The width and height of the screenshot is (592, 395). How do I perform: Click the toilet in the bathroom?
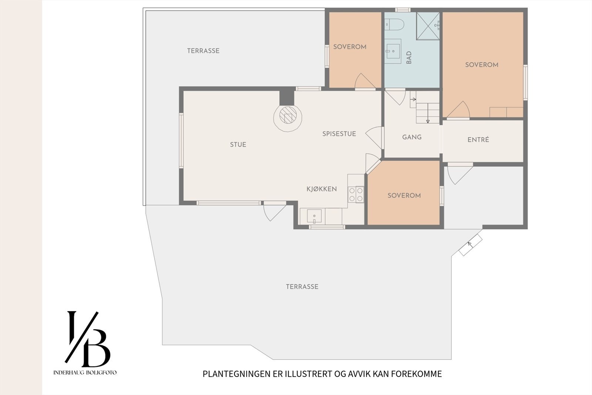pyautogui.click(x=394, y=24)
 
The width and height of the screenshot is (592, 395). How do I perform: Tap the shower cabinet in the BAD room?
pyautogui.click(x=428, y=26)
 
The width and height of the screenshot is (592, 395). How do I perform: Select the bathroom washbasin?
pyautogui.click(x=393, y=51)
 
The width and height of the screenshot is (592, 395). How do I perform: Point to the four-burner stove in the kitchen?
pyautogui.click(x=356, y=195)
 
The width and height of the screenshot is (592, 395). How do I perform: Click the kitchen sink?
pyautogui.click(x=314, y=216)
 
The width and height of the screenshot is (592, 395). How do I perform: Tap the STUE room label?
pyautogui.click(x=238, y=145)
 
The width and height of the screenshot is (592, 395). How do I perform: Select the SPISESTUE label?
pyautogui.click(x=339, y=134)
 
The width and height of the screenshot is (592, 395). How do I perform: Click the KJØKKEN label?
pyautogui.click(x=322, y=189)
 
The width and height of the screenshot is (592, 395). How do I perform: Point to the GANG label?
pyautogui.click(x=412, y=137)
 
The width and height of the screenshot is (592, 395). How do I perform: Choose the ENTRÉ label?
pyautogui.click(x=478, y=140)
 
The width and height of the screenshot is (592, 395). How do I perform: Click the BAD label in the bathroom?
pyautogui.click(x=409, y=57)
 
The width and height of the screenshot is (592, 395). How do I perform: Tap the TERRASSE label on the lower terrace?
pyautogui.click(x=302, y=286)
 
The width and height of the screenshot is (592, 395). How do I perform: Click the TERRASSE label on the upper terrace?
pyautogui.click(x=203, y=50)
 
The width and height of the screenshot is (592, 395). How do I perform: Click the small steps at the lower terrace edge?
pyautogui.click(x=470, y=245)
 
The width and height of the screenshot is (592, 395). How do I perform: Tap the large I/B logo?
pyautogui.click(x=87, y=339)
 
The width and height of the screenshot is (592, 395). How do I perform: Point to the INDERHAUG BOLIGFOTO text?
pyautogui.click(x=85, y=372)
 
